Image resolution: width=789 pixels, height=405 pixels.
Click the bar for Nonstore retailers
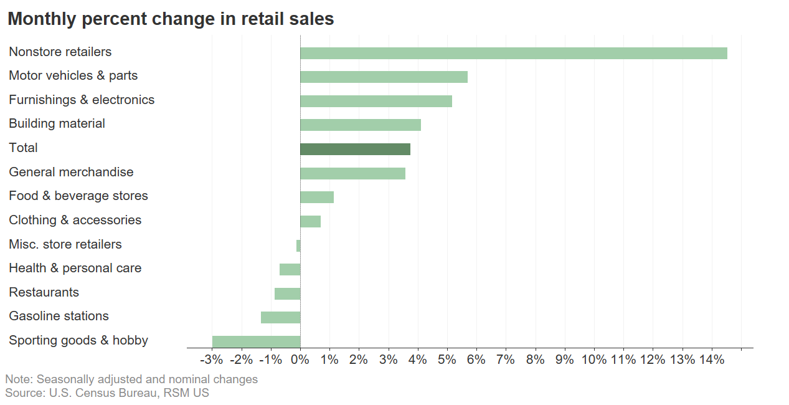click(x=513, y=53)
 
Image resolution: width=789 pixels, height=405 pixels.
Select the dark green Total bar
click(x=355, y=149)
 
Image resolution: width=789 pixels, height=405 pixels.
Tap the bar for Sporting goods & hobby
click(x=256, y=341)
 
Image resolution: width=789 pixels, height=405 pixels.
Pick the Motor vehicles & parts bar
click(x=384, y=77)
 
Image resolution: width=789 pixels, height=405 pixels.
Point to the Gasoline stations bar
click(x=280, y=317)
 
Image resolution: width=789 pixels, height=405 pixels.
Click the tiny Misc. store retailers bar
click(x=298, y=245)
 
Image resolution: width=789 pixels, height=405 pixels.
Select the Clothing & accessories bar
click(x=310, y=221)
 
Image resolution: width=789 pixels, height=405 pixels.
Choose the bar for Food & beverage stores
click(x=317, y=197)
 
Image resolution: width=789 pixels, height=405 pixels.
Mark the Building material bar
click(x=361, y=125)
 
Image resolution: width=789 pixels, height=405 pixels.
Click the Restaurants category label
click(x=44, y=292)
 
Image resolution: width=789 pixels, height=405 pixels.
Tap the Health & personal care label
click(x=75, y=268)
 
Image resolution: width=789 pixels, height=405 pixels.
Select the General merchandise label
click(x=71, y=172)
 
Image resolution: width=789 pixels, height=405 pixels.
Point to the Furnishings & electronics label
click(x=82, y=100)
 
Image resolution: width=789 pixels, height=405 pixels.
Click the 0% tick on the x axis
click(x=300, y=360)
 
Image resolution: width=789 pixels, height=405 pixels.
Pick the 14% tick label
click(x=712, y=360)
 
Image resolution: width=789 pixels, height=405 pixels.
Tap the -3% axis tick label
click(x=212, y=360)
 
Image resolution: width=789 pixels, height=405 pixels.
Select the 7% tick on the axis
click(x=506, y=360)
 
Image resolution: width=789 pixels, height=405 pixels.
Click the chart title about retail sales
click(x=171, y=19)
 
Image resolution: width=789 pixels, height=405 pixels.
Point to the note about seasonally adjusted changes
click(x=131, y=379)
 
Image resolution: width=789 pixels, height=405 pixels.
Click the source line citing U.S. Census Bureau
click(x=107, y=393)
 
